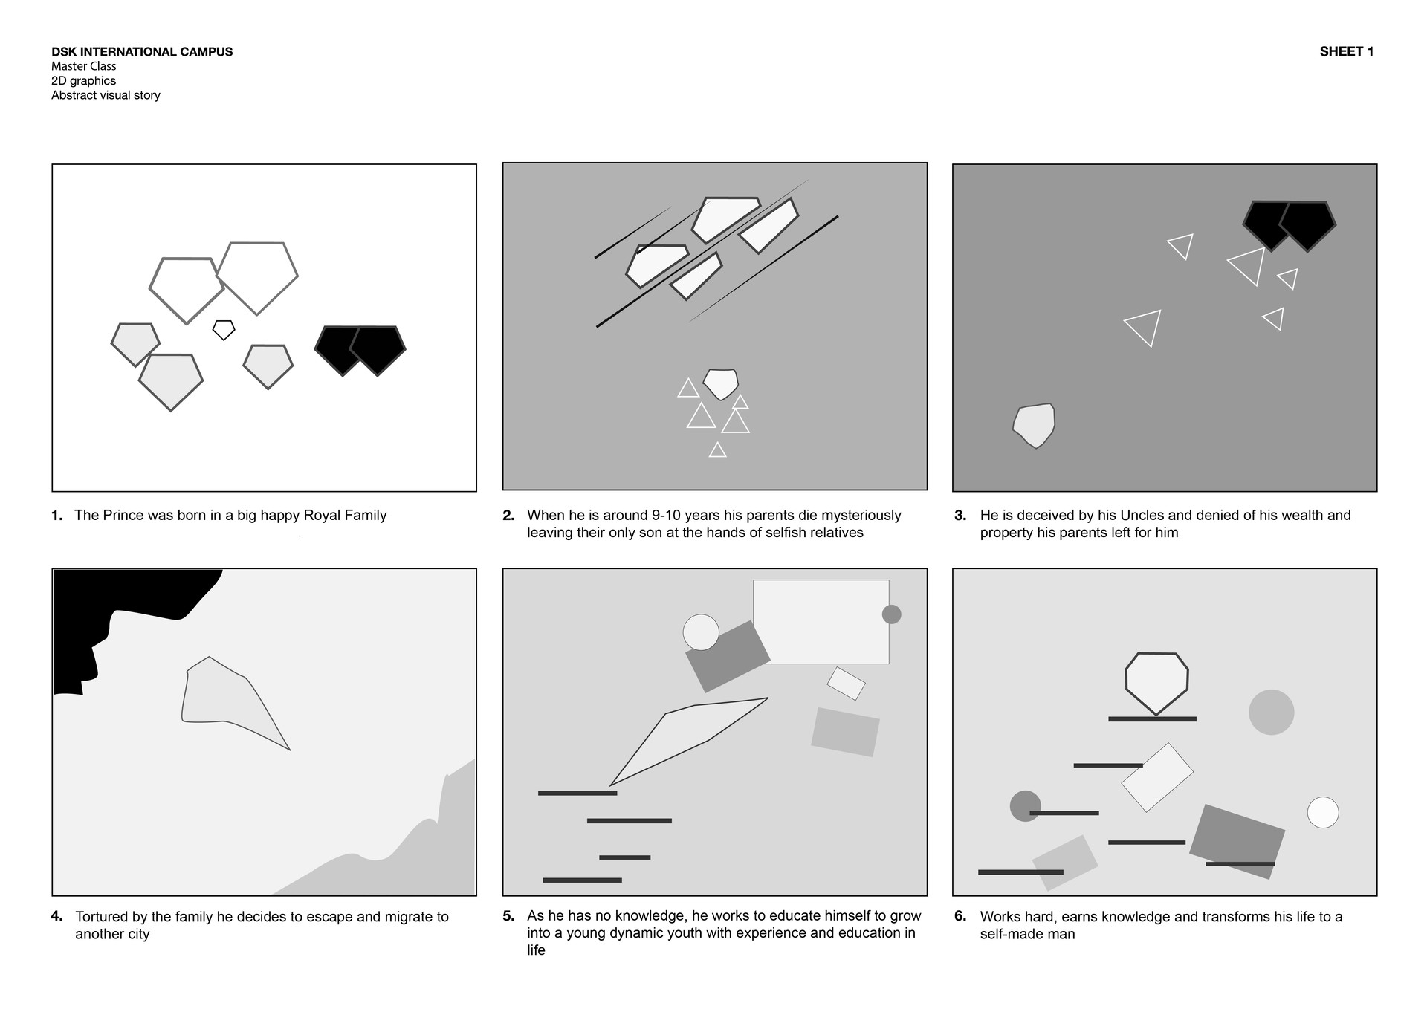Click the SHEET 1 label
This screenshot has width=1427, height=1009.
[1346, 51]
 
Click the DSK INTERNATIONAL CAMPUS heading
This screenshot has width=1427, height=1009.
[142, 51]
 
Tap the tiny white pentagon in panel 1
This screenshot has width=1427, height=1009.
[224, 330]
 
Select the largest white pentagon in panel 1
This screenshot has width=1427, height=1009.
[257, 277]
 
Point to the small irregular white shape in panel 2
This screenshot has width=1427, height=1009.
[720, 383]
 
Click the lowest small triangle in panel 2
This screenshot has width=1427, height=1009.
[717, 450]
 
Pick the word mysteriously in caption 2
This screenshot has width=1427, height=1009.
[857, 515]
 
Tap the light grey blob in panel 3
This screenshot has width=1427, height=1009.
[1034, 426]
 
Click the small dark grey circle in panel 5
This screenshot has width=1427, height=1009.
[891, 614]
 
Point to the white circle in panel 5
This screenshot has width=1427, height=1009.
[701, 632]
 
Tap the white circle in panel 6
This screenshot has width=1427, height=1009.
[1323, 812]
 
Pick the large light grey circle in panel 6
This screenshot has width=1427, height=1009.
[1271, 712]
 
